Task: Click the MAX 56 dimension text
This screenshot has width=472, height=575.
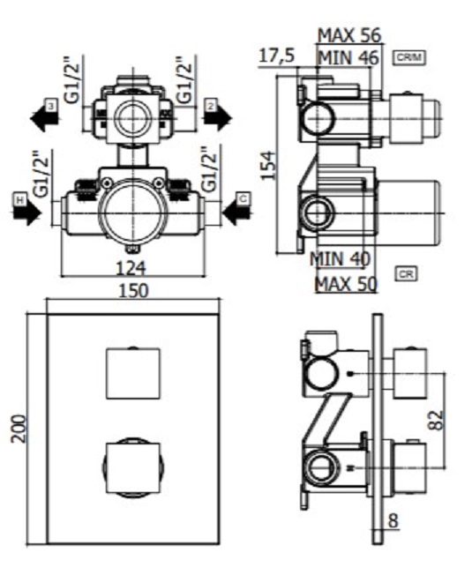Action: [x=349, y=36]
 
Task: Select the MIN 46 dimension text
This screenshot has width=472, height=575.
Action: [x=348, y=58]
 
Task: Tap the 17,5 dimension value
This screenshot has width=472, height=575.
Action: [x=277, y=56]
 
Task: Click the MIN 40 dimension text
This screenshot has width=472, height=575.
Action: [x=340, y=259]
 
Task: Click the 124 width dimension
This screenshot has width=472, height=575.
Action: [x=131, y=268]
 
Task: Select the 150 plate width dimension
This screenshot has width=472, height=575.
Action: [x=133, y=291]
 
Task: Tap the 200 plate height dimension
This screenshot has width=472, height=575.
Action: [x=19, y=429]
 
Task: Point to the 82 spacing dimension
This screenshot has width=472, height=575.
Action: [x=437, y=421]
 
